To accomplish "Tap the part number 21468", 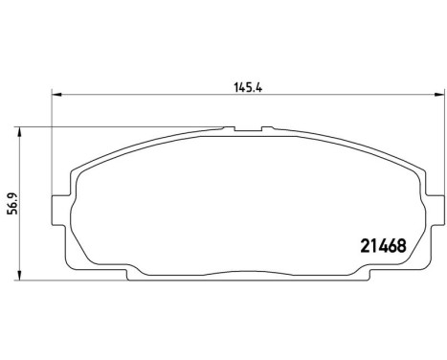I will pos(384,245).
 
